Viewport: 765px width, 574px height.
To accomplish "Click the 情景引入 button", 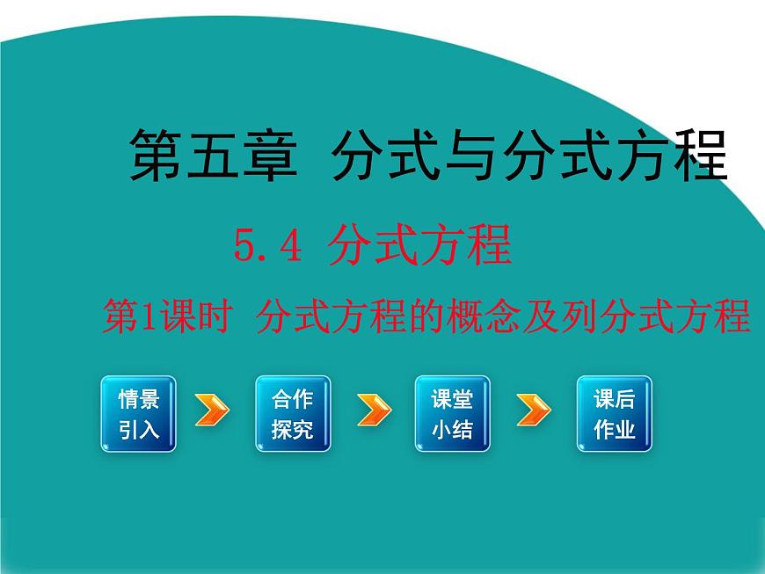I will (x=138, y=414).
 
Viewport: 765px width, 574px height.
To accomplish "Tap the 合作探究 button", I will (x=293, y=414).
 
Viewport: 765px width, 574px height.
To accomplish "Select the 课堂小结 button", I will (x=452, y=414).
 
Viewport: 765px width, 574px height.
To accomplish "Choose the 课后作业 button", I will (x=614, y=414).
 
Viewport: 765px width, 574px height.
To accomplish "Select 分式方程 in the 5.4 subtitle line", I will (x=419, y=245).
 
